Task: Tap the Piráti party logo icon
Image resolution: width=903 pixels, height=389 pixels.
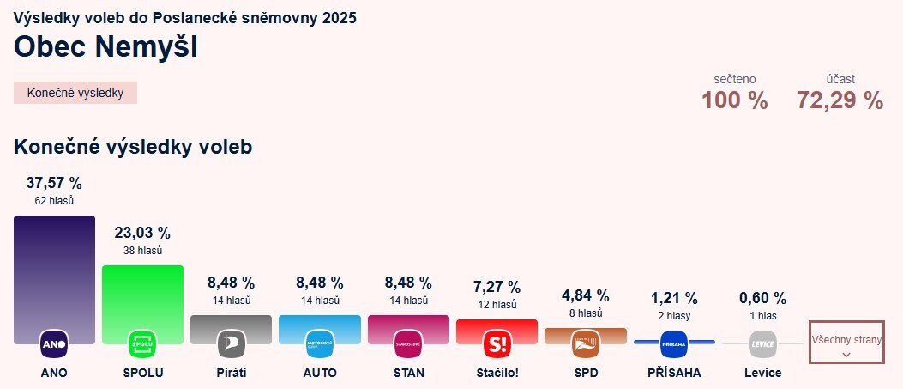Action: click(231, 343)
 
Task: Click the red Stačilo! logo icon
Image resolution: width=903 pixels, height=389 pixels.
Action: click(497, 343)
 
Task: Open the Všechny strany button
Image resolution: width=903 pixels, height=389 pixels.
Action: click(846, 346)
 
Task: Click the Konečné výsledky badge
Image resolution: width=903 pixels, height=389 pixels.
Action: click(75, 93)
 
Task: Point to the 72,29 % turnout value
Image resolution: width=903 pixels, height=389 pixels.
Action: click(840, 100)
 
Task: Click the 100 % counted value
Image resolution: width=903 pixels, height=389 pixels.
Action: click(734, 100)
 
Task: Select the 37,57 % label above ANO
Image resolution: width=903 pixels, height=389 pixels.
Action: click(54, 183)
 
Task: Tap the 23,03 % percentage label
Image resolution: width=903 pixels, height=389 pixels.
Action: click(142, 233)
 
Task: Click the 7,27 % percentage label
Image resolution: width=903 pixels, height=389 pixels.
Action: click(497, 287)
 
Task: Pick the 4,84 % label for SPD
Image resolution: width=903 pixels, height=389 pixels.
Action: click(586, 295)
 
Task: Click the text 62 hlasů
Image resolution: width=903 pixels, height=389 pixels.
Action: click(54, 200)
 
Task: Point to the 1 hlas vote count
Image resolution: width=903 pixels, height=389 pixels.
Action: click(762, 315)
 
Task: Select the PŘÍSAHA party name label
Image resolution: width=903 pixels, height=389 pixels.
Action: click(674, 373)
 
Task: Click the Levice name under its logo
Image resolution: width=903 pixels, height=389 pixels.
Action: click(762, 373)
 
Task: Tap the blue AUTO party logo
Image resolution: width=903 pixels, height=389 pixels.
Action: click(320, 343)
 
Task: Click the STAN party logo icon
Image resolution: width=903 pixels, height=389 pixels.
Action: click(408, 343)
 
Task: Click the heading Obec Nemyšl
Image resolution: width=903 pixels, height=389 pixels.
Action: click(105, 47)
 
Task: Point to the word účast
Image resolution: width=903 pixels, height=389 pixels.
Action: click(840, 79)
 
